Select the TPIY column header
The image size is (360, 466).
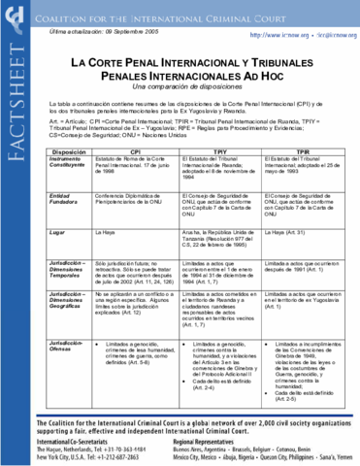[220, 153]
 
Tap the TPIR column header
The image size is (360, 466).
[303, 153]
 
